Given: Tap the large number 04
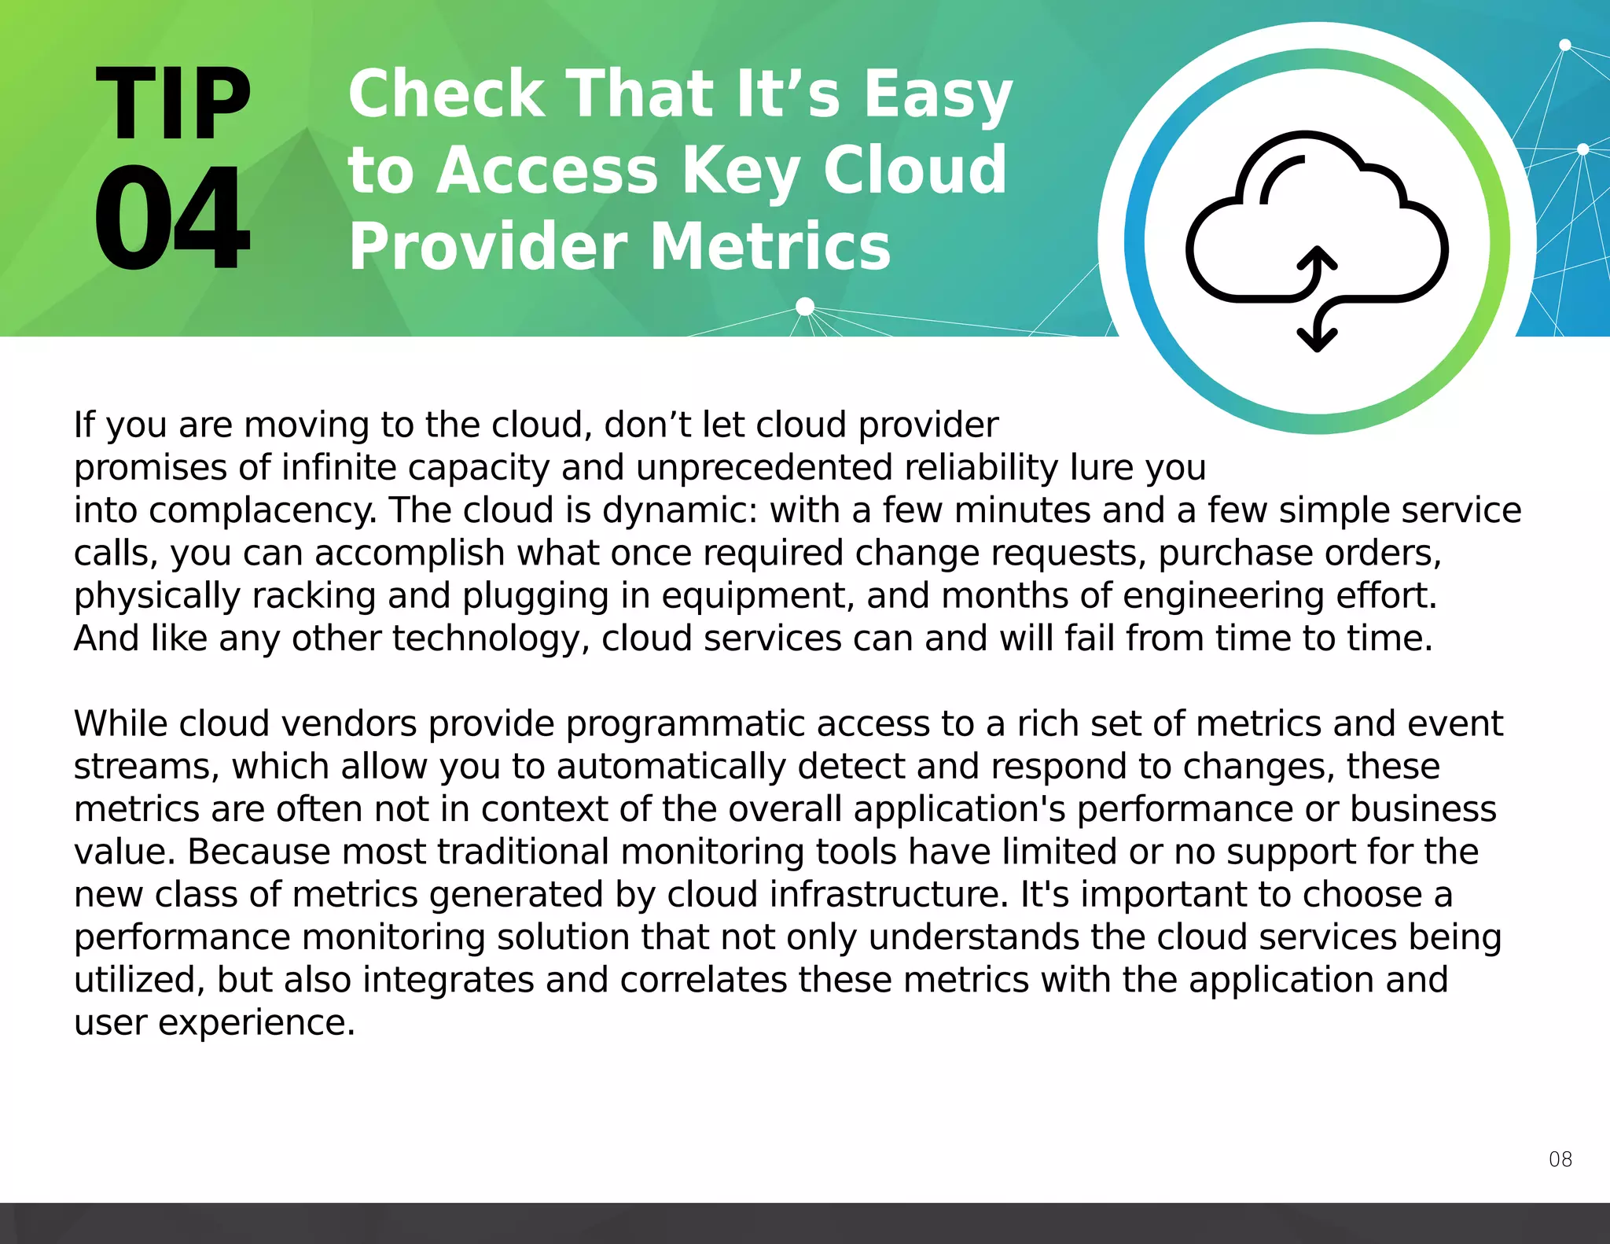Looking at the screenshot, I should click(x=171, y=219).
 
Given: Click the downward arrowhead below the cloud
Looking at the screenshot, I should click(x=1317, y=339).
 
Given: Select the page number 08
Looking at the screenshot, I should click(x=1560, y=1159).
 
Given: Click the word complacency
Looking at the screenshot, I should click(x=263, y=511).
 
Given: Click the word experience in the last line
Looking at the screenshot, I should click(x=256, y=1023).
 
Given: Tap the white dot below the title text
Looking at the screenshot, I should click(x=805, y=307).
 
